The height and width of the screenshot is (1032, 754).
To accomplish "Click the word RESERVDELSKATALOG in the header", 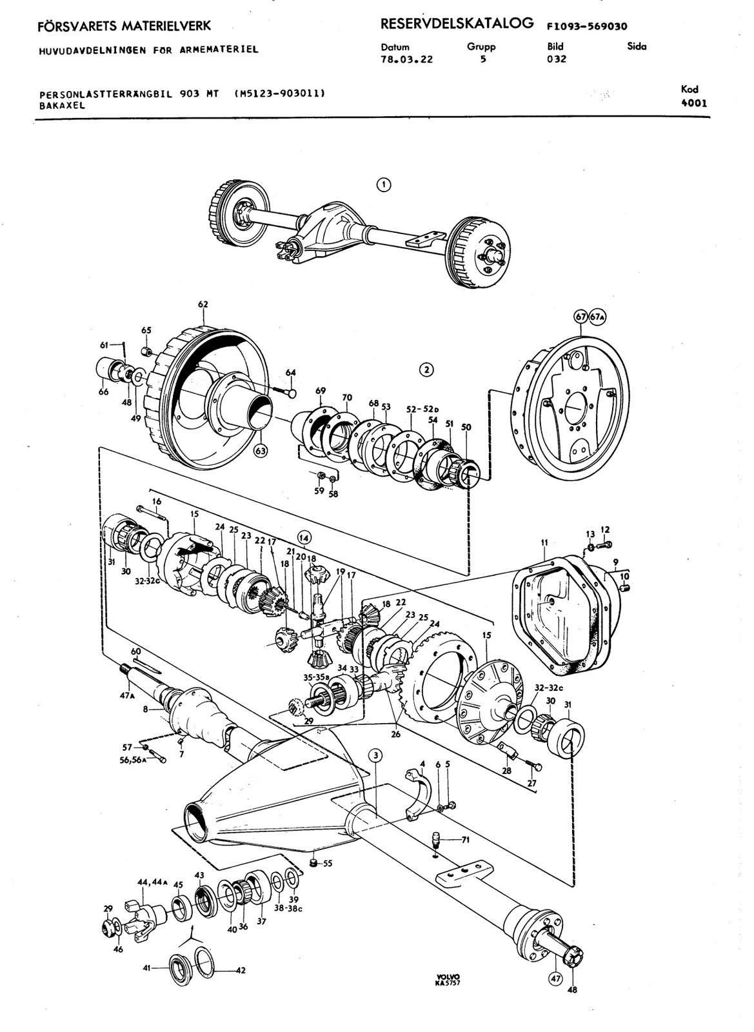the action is pyautogui.click(x=457, y=24).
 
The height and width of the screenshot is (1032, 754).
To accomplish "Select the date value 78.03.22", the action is pyautogui.click(x=407, y=59).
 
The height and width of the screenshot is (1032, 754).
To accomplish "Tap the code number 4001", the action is pyautogui.click(x=693, y=103).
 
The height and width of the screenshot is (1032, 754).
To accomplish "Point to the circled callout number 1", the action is pyautogui.click(x=384, y=184).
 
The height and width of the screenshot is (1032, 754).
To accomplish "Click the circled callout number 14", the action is pyautogui.click(x=304, y=537).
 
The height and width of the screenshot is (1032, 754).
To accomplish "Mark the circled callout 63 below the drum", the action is pyautogui.click(x=261, y=451).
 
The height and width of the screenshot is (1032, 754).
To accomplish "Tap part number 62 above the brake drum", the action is pyautogui.click(x=203, y=304).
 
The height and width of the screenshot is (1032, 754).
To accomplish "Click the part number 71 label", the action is pyautogui.click(x=465, y=840).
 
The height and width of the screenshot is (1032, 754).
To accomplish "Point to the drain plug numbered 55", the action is pyautogui.click(x=313, y=862).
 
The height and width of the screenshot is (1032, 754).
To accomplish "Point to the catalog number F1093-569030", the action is pyautogui.click(x=587, y=26).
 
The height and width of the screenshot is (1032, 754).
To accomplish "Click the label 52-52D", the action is pyautogui.click(x=423, y=409).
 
